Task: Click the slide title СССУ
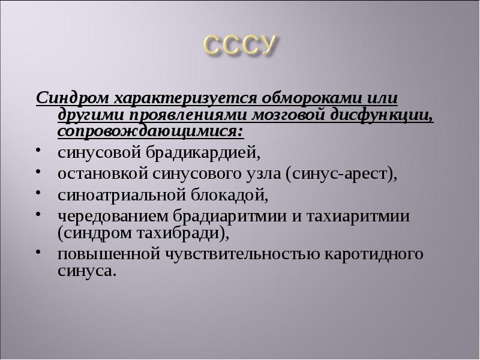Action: [x=240, y=46]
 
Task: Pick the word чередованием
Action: [x=112, y=215]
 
